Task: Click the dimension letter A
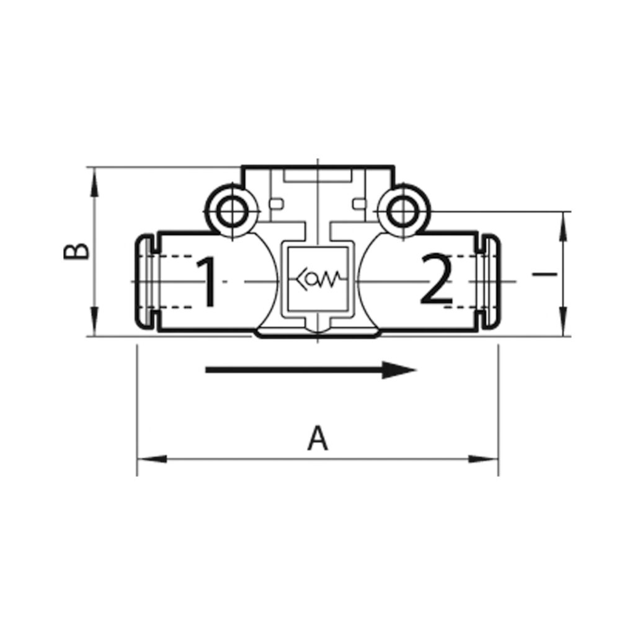(317, 438)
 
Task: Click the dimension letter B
(76, 251)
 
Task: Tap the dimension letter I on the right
(544, 275)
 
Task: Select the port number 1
(208, 281)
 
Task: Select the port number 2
(436, 280)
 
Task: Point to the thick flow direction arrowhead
(399, 370)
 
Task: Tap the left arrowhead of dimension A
(152, 460)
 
